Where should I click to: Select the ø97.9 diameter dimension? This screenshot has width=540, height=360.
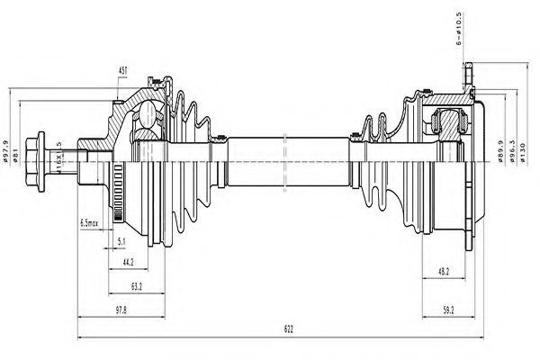tap(8, 144)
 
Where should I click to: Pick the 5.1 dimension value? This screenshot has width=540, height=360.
tap(121, 242)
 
